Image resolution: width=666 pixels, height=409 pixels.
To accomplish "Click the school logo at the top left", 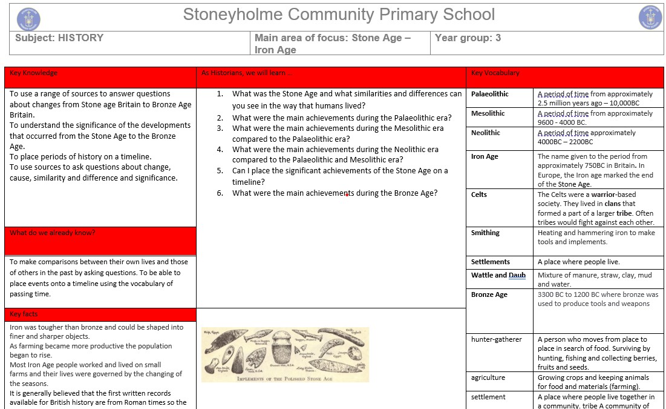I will click(28, 19).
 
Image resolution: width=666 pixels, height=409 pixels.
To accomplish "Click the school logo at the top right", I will click(650, 18).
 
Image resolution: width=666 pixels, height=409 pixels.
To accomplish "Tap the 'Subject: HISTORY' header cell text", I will click(59, 38).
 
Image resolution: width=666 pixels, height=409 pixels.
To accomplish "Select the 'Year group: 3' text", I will click(468, 38).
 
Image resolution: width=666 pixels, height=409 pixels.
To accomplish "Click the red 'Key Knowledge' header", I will click(34, 73).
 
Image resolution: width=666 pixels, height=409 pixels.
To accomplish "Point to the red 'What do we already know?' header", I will click(52, 233).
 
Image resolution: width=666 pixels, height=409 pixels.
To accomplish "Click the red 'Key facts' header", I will click(24, 314).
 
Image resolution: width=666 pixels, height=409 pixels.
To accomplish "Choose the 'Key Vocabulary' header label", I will click(495, 73).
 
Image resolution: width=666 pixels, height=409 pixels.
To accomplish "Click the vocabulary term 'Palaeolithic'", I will click(490, 94).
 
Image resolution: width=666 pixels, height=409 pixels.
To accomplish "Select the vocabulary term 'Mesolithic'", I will click(488, 113).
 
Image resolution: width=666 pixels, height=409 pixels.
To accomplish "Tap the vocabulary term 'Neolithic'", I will click(486, 133).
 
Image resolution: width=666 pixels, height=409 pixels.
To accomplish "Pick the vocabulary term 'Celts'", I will click(479, 195).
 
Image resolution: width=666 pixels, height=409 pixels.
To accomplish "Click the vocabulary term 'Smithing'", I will click(485, 233).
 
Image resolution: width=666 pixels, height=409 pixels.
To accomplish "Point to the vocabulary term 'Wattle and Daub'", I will click(498, 275).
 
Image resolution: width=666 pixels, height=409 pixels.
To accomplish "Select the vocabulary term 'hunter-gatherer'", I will click(496, 339).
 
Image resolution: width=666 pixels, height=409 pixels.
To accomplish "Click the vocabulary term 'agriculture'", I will click(488, 377).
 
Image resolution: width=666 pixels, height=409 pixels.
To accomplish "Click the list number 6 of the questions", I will click(220, 193).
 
